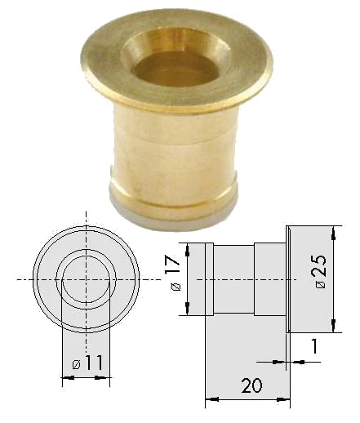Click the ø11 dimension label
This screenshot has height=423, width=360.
[88, 363]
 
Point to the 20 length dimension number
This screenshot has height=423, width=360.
[252, 385]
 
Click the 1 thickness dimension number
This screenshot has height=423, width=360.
[314, 345]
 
